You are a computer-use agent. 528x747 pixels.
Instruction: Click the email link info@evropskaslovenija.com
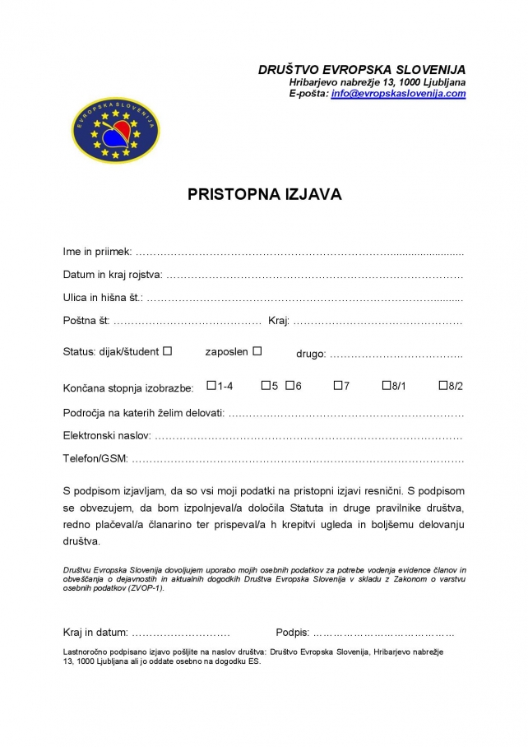tap(398, 94)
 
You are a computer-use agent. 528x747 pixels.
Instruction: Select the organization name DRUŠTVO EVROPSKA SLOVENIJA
tap(362, 70)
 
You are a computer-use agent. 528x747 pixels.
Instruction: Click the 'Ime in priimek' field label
tap(97, 251)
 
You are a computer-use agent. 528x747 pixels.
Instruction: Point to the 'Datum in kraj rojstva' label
tap(112, 274)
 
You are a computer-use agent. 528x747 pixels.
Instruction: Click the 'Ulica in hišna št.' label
tap(103, 297)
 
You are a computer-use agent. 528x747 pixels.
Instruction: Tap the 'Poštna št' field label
tap(86, 320)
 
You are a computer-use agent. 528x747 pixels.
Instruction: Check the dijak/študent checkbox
tap(168, 351)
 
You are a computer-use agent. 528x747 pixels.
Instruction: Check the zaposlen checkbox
tap(257, 351)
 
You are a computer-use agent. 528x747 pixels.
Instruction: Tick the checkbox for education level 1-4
tap(211, 385)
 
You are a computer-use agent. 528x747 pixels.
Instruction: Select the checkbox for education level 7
tap(338, 385)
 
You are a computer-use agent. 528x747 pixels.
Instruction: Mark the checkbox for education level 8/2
tap(443, 385)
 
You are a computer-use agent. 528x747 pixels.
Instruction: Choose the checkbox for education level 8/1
tap(386, 385)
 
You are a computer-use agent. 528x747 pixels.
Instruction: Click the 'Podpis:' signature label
tap(293, 632)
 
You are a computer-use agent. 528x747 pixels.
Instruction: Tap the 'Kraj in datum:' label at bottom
tap(95, 632)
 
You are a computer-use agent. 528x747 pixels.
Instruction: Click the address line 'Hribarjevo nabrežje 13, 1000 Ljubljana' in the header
tap(377, 82)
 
